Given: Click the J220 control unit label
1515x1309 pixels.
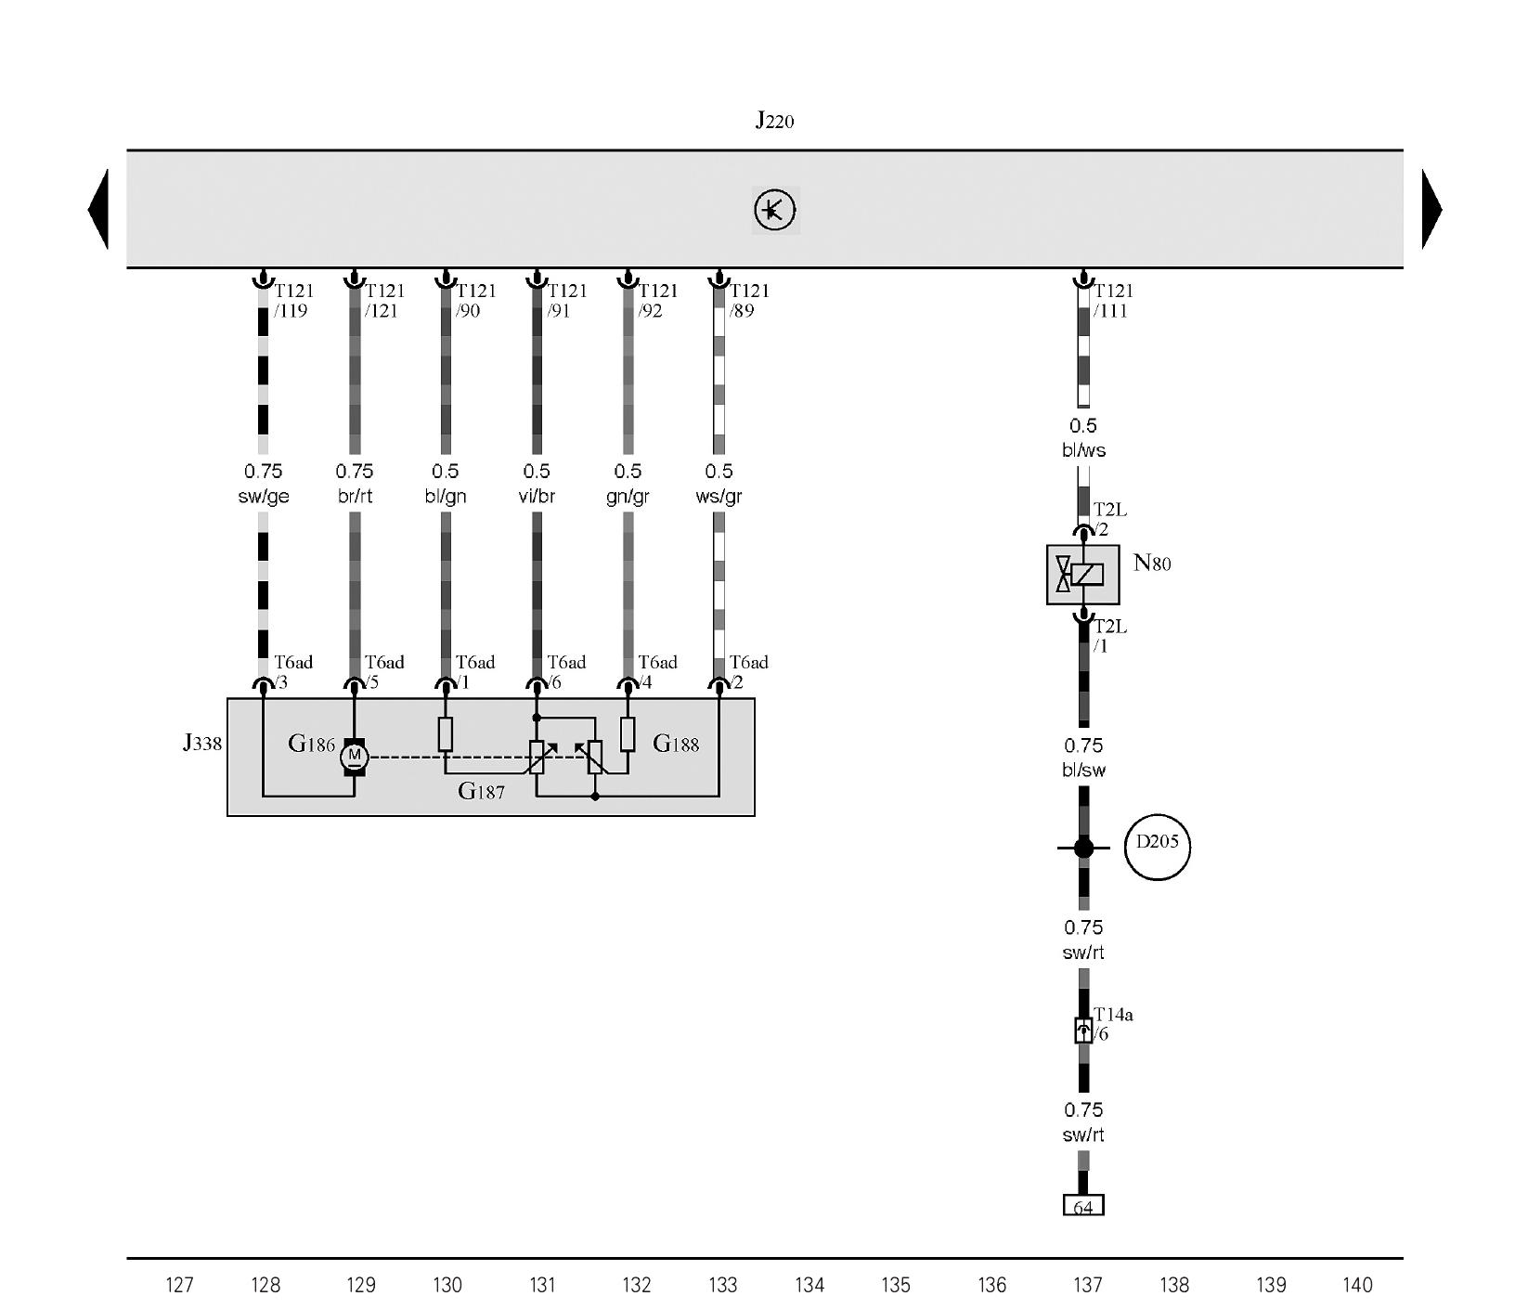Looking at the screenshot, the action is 774,120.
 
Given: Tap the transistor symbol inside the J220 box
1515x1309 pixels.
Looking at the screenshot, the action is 775,210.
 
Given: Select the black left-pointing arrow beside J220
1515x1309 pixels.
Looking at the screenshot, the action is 98,209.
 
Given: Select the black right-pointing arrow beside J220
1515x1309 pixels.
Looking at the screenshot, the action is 1432,209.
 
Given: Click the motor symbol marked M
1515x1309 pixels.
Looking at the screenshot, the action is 354,757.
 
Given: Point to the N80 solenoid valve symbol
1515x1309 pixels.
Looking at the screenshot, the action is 1082,575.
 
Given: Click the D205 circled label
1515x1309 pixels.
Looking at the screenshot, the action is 1157,846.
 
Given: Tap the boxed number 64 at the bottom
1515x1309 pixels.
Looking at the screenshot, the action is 1083,1206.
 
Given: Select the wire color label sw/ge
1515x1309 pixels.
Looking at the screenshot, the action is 264,497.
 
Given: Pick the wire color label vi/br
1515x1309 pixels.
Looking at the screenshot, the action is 537,497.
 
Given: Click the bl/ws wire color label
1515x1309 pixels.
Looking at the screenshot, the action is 1083,450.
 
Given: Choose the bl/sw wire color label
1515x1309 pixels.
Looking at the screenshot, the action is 1083,770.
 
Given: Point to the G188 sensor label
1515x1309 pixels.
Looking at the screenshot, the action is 676,744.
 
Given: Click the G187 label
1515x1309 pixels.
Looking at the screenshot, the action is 481,791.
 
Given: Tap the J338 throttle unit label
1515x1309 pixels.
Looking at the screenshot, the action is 202,743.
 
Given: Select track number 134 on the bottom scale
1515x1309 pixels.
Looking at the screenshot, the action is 809,1285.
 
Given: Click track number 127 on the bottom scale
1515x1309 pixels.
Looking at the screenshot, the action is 179,1285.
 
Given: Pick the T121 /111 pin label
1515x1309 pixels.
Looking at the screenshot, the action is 1112,301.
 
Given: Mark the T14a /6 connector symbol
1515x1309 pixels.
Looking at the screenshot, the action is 1083,1030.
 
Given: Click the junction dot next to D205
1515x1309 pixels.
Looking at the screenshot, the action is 1083,848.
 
